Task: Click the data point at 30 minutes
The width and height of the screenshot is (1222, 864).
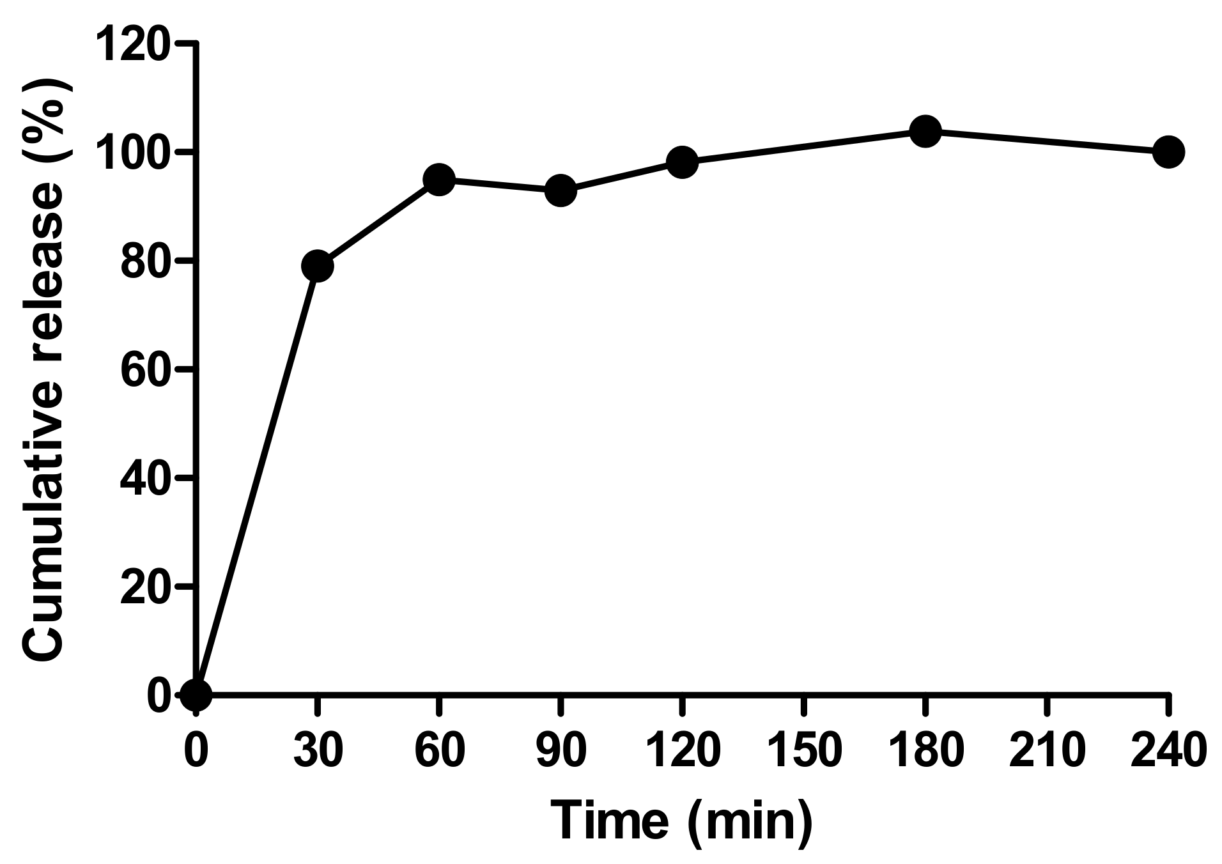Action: [317, 265]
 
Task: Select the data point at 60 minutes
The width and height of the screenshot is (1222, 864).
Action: [439, 180]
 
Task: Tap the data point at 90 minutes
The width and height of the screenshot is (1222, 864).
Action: [561, 190]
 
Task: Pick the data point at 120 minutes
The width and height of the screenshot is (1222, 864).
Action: [682, 162]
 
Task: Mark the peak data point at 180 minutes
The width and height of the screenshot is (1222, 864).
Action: [925, 132]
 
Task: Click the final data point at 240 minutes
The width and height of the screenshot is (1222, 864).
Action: [1168, 152]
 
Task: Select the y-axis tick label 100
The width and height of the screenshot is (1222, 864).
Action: [133, 152]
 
